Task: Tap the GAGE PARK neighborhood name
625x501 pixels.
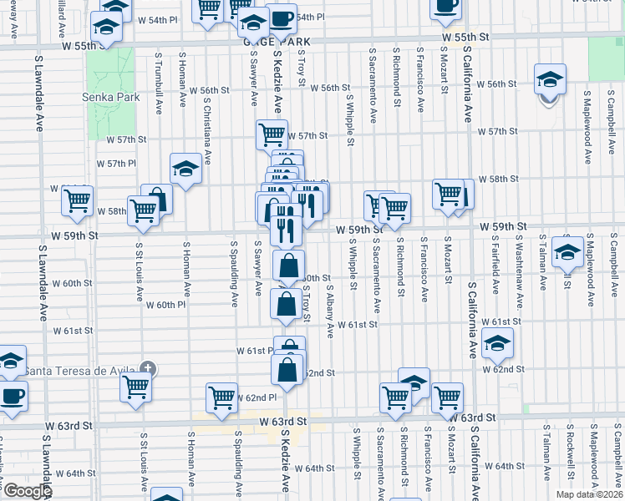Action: tap(254, 41)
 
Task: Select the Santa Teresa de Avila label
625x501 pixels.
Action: tap(79, 372)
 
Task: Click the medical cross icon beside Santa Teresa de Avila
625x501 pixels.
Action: tap(148, 368)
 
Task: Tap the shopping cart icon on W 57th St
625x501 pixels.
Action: tap(271, 134)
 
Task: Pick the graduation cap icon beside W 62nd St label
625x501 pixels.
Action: tap(497, 342)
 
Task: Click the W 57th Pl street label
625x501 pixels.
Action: tap(116, 164)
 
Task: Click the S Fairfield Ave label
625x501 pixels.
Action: tap(495, 263)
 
